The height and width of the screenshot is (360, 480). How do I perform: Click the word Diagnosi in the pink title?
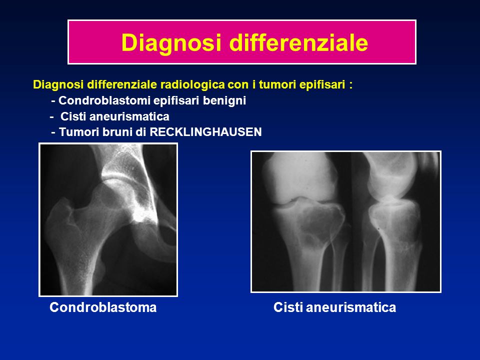click(171, 42)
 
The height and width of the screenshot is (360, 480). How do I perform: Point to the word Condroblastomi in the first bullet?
click(104, 100)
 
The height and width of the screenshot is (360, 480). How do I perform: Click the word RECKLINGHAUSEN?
click(205, 132)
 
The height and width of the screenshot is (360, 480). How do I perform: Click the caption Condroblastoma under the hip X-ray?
click(103, 307)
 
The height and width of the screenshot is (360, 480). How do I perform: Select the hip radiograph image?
click(108, 219)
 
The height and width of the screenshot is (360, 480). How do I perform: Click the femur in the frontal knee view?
click(300, 177)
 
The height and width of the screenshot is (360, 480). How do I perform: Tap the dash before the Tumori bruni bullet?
click(53, 132)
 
